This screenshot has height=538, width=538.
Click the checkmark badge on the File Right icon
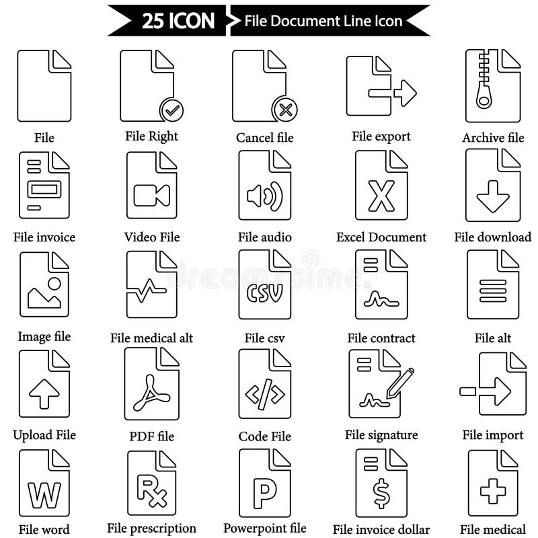click(x=172, y=109)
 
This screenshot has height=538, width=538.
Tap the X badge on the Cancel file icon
click(x=284, y=109)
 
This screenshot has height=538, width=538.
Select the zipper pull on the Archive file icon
click(x=484, y=96)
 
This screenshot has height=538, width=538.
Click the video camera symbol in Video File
click(x=151, y=195)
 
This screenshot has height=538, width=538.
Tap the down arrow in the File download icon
click(x=493, y=197)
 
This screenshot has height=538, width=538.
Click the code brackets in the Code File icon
click(x=265, y=395)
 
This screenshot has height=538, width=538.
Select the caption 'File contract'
click(x=381, y=338)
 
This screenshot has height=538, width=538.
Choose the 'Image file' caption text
click(x=44, y=336)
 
